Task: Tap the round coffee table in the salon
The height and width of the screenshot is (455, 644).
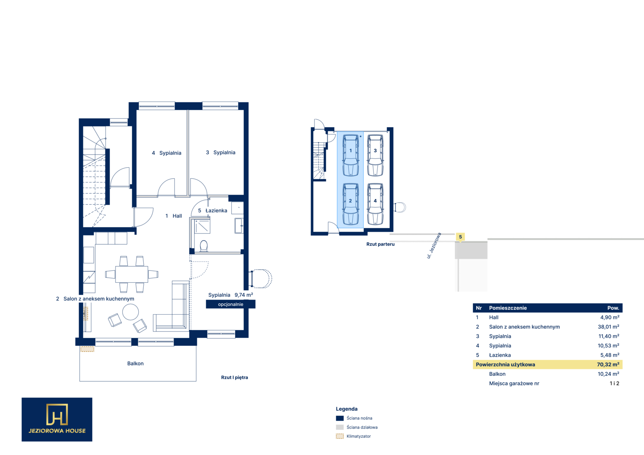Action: (131, 312)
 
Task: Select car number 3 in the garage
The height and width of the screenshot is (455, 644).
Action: (375, 155)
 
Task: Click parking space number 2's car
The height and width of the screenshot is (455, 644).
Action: (351, 204)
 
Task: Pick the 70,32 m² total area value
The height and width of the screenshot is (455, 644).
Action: (608, 364)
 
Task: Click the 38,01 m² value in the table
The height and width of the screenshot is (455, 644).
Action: (608, 327)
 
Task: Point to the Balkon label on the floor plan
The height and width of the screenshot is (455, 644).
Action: (135, 363)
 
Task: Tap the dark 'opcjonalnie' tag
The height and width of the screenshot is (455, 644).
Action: (231, 304)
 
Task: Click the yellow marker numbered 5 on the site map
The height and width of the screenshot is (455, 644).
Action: (460, 237)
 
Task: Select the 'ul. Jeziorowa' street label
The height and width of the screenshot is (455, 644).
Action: (434, 246)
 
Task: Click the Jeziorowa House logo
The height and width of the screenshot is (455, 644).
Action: (57, 419)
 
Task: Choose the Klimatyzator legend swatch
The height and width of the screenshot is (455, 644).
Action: (340, 436)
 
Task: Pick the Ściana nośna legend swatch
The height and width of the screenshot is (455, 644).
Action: (340, 418)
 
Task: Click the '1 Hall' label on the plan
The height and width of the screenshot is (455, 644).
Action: (174, 216)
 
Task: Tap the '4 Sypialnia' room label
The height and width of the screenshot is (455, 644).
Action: (166, 153)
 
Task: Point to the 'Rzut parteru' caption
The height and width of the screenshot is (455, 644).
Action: (380, 244)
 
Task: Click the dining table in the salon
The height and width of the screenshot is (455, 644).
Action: (131, 274)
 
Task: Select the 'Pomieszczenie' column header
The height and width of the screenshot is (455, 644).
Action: (508, 308)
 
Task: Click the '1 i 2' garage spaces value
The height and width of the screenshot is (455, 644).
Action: (614, 383)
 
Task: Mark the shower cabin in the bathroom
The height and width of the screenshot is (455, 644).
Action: (202, 226)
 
